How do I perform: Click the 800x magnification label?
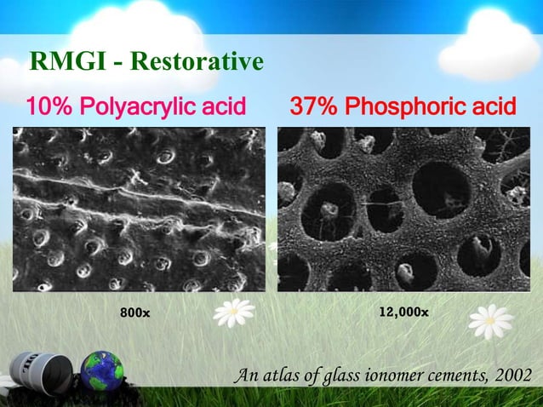point(134,313)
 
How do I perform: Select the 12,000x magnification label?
point(403,312)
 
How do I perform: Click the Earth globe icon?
point(102,373)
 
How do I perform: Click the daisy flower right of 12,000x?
point(491,322)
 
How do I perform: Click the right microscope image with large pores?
point(403,209)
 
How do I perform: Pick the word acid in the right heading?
point(494,107)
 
